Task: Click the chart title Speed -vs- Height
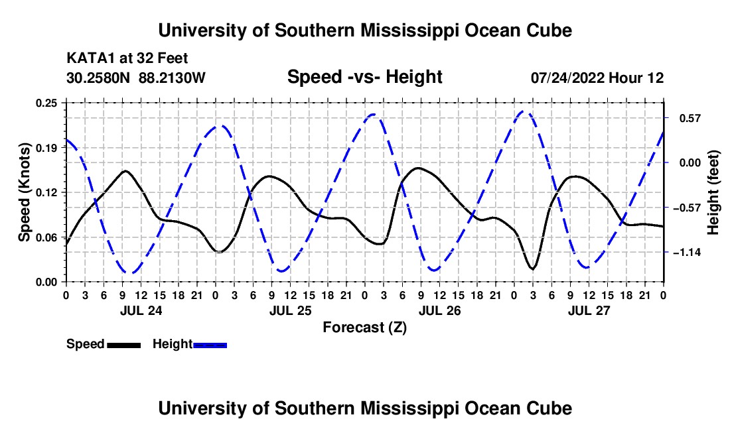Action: pos(364,77)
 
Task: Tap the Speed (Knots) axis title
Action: pos(24,192)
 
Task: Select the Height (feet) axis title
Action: pos(713,192)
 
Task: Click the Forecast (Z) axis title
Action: pos(364,328)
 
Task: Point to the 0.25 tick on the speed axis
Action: pos(46,103)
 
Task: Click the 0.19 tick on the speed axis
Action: pos(46,148)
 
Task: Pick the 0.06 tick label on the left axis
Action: pos(46,237)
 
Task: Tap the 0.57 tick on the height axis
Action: pos(690,118)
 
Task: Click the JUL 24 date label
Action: pos(141,310)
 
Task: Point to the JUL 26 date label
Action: pos(439,310)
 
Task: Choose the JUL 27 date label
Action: pos(589,310)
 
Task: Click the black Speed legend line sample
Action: pos(124,345)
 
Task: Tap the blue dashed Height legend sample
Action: pos(210,345)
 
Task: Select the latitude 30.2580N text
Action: pos(98,78)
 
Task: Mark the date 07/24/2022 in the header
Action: pos(567,78)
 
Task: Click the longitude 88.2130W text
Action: pos(172,78)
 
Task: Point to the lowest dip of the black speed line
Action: pos(533,269)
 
